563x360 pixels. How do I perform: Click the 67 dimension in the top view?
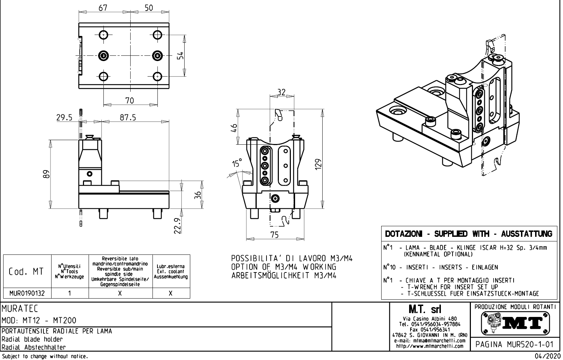click(x=103, y=7)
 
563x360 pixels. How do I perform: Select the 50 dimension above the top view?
click(x=149, y=7)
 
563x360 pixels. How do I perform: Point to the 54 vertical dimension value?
click(x=180, y=56)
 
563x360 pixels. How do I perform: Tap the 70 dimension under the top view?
click(x=130, y=101)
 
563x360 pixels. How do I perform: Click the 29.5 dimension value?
click(x=64, y=118)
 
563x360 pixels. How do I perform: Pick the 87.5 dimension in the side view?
click(x=128, y=118)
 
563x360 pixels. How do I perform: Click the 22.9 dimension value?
click(x=178, y=226)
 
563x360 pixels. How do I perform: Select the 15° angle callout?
click(x=237, y=163)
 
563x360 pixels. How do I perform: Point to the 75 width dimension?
click(x=274, y=235)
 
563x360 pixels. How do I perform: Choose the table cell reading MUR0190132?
click(x=28, y=293)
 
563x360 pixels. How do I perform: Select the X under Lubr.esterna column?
click(x=171, y=293)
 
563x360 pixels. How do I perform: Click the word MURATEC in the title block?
click(x=20, y=309)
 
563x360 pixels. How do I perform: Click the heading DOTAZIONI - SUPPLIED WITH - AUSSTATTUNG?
click(x=469, y=234)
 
